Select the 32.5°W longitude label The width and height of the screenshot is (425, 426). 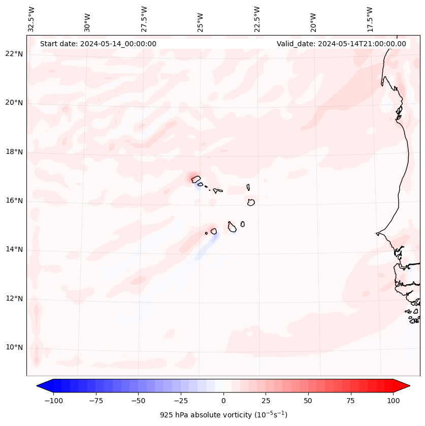click(x=31, y=19)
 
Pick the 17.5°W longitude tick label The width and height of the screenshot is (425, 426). click(x=370, y=19)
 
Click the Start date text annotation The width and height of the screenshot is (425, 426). click(x=98, y=44)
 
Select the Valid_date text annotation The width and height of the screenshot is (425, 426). click(x=341, y=44)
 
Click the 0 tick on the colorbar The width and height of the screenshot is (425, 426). click(x=223, y=401)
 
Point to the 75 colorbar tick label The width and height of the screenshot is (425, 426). click(x=350, y=401)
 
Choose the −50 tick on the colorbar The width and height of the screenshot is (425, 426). click(x=139, y=401)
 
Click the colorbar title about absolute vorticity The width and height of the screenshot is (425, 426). click(x=223, y=415)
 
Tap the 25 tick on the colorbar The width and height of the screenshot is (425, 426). click(x=266, y=401)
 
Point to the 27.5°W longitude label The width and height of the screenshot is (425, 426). click(x=144, y=19)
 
